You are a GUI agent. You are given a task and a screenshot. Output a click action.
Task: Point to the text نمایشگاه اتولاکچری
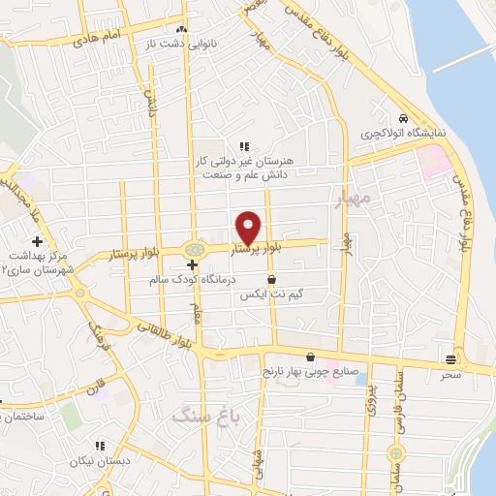[398, 132]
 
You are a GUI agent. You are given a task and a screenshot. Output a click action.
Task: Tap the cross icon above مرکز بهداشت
[37, 240]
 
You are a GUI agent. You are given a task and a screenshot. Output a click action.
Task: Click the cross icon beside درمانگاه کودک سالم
[193, 263]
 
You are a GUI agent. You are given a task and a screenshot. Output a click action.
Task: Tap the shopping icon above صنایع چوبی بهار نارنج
[310, 356]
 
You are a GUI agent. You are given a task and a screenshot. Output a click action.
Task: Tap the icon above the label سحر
[450, 356]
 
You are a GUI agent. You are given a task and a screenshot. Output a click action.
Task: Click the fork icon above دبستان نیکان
[99, 446]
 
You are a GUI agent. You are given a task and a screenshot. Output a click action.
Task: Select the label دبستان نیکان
[100, 462]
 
